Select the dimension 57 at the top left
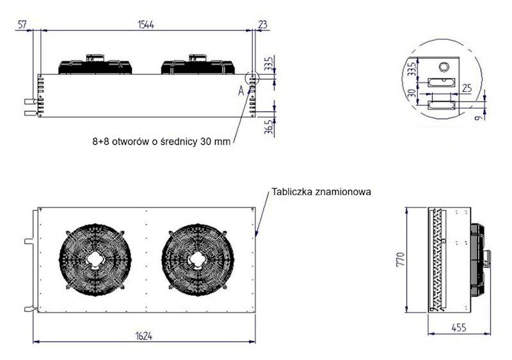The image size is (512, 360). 22,24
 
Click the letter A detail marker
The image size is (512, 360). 241,91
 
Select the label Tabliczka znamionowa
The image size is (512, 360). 321,192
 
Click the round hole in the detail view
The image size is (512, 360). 443,67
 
